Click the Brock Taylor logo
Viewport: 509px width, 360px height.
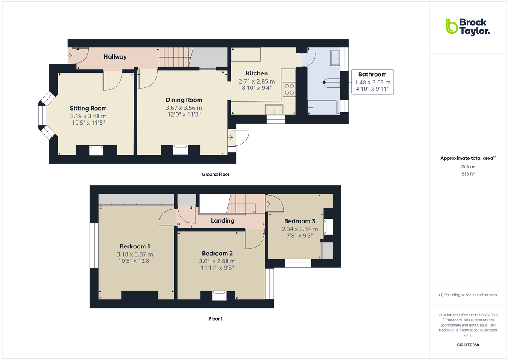(467, 26)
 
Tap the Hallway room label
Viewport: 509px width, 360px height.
(115, 56)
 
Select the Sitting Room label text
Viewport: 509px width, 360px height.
(88, 108)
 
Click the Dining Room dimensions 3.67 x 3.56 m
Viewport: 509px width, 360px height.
(184, 108)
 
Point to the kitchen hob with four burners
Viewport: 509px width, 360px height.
(290, 89)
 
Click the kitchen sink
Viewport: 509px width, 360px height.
(274, 110)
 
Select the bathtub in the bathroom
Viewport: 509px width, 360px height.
(322, 108)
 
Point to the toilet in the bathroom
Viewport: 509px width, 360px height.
(332, 83)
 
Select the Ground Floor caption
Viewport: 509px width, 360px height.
(215, 174)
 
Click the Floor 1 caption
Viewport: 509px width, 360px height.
(215, 319)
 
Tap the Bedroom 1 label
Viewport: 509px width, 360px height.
(135, 246)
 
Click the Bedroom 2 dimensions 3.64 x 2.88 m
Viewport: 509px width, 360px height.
(218, 261)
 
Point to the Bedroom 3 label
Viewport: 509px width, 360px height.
(299, 221)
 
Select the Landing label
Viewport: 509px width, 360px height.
(222, 220)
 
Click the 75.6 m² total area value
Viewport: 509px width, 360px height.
(467, 167)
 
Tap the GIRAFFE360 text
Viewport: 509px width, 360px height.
(467, 345)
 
